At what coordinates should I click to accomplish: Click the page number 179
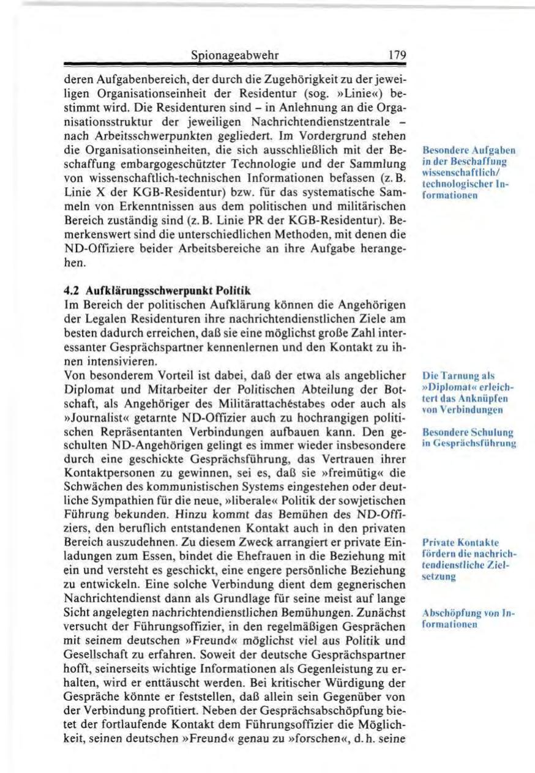[397, 56]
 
